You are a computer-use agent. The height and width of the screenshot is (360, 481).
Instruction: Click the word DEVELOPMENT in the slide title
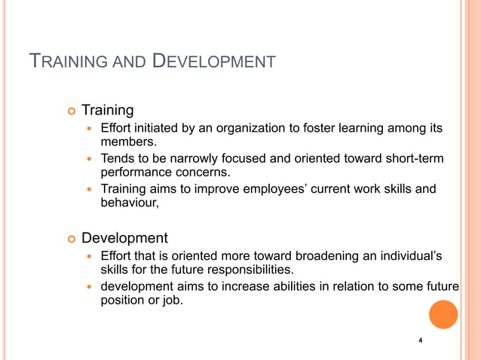coord(214,61)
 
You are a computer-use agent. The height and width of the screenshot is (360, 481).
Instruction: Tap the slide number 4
coord(420,342)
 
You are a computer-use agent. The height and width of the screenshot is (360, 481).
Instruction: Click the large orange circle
coord(443,314)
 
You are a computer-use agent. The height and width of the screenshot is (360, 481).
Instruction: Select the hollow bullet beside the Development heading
coord(72,239)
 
